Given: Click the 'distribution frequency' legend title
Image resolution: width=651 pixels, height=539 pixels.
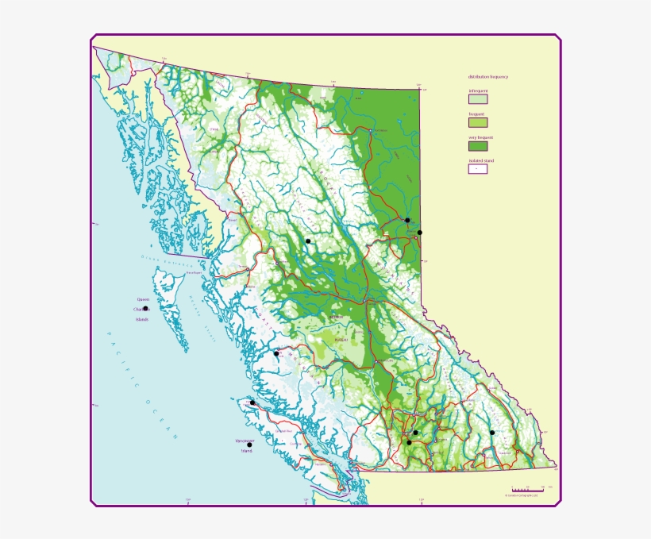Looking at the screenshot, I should [487, 76].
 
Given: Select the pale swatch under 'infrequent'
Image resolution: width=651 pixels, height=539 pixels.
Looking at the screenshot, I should [477, 99].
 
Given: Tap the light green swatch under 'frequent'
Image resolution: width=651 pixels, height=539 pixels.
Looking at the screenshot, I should [477, 122].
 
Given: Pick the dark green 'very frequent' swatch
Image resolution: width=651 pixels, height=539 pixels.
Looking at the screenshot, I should [477, 145].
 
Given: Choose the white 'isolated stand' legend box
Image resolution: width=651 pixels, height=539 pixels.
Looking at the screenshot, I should [477, 168].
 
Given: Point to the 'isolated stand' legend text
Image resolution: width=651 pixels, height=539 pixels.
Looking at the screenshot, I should [480, 160].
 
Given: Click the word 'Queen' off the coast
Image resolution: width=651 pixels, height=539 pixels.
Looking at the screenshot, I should [143, 299].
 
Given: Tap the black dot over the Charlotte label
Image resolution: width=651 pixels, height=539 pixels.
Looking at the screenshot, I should [144, 309].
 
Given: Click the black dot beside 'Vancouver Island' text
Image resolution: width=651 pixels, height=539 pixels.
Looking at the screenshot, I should [249, 445].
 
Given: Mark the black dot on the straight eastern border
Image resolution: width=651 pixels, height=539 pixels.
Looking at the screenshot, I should [420, 233].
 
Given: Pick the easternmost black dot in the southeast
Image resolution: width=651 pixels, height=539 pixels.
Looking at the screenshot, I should [492, 433].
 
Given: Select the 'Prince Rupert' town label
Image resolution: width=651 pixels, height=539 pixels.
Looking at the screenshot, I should [195, 273].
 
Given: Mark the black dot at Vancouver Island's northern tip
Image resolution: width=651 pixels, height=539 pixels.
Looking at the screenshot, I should [252, 402].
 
